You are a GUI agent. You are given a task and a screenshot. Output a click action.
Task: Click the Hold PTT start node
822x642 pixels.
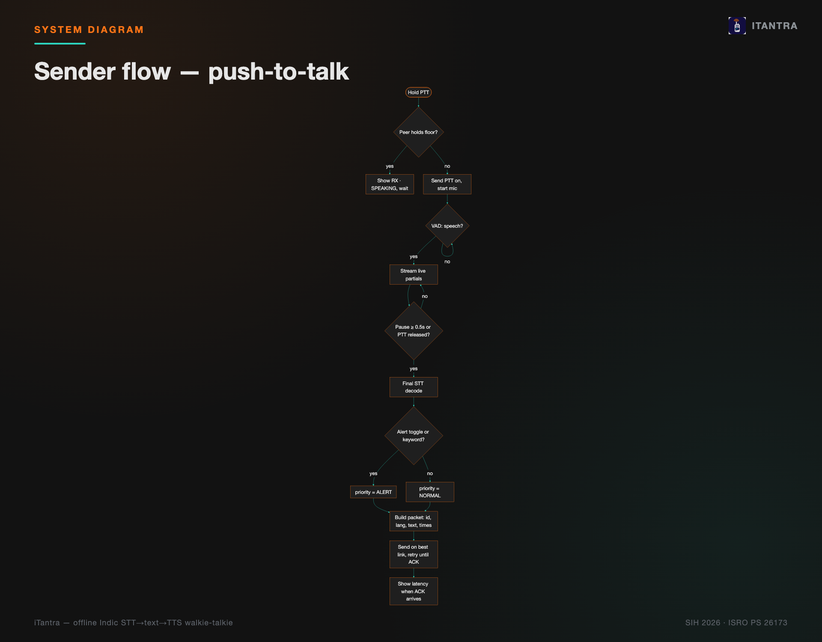[418, 92]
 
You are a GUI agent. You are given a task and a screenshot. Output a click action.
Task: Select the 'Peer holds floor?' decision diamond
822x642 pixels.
[418, 132]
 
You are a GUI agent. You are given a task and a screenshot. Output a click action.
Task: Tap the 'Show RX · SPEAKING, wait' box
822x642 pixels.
[390, 184]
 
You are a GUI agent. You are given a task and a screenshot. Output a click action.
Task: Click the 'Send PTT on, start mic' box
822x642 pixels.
[447, 184]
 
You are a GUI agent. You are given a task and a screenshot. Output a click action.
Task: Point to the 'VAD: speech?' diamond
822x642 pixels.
[447, 226]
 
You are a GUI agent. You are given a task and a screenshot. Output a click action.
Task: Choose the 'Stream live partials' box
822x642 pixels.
[414, 275]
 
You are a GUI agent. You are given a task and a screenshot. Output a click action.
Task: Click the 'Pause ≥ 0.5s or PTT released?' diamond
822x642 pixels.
[414, 331]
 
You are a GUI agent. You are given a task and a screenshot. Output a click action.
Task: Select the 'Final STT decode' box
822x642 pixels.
[414, 387]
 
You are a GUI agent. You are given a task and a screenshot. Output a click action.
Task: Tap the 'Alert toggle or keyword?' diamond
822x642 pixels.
[414, 436]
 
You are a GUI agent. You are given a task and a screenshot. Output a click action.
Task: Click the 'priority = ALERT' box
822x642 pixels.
[373, 492]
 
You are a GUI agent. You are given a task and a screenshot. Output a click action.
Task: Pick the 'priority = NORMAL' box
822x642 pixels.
[430, 492]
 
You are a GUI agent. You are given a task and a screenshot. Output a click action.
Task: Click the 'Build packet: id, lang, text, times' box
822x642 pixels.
[414, 521]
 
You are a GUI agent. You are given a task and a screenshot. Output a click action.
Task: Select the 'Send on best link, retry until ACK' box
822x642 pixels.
[414, 555]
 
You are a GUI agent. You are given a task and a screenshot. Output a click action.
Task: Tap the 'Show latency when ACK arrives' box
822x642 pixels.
[414, 591]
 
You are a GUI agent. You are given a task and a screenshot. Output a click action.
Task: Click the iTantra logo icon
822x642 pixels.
[737, 26]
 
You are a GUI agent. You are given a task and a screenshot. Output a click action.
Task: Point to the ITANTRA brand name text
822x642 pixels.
[774, 26]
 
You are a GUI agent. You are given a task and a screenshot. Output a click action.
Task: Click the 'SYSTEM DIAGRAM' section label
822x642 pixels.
[89, 30]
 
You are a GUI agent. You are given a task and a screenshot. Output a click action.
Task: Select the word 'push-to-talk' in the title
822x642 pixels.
[278, 71]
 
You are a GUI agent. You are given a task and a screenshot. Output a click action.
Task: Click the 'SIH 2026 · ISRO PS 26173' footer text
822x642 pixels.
[736, 623]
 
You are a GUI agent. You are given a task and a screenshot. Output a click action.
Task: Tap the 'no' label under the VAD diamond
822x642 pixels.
[447, 262]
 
